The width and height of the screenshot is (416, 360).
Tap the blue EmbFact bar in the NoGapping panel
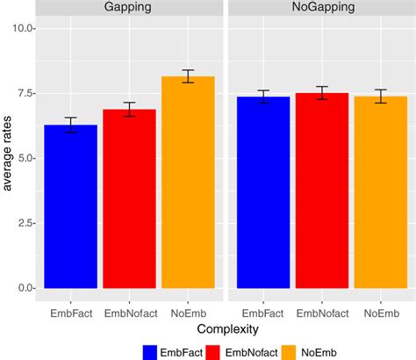click(x=264, y=192)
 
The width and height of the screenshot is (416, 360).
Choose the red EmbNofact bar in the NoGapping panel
click(x=322, y=191)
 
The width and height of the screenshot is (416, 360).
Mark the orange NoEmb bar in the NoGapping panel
click(x=381, y=192)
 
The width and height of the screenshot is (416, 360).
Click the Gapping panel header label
click(x=129, y=7)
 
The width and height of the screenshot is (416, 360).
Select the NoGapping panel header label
click(x=322, y=7)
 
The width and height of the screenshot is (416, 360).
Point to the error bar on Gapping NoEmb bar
click(x=188, y=76)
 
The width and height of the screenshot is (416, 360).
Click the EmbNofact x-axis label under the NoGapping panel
click(x=322, y=312)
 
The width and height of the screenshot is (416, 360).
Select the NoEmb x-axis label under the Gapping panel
click(x=188, y=312)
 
